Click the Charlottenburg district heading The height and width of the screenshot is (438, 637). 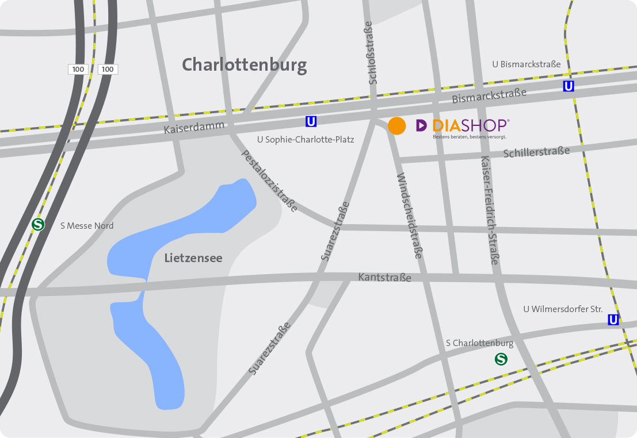244,65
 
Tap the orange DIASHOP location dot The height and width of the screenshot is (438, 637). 397,125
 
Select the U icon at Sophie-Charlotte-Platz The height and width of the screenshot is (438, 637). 311,121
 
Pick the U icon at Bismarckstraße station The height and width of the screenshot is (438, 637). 569,86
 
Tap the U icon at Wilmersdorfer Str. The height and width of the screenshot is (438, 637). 613,320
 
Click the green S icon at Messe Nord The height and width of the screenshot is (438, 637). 39,225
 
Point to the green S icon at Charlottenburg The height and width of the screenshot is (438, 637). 502,359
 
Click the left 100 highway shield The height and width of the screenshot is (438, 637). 78,70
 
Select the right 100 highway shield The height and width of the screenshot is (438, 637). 108,70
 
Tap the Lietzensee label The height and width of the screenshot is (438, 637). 193,258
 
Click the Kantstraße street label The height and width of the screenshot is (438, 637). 384,278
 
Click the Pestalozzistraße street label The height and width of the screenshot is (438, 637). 269,181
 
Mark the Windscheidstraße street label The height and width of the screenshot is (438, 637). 410,215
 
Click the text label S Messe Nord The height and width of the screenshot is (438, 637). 87,226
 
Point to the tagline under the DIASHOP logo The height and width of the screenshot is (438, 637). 470,137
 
